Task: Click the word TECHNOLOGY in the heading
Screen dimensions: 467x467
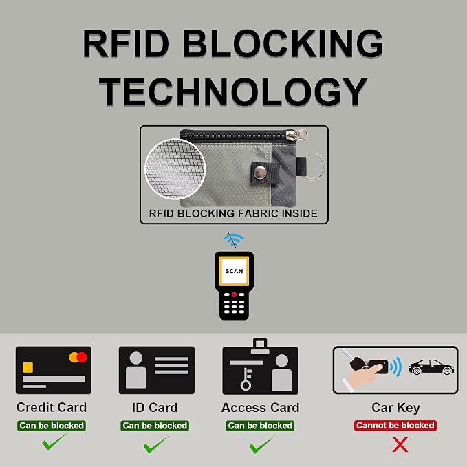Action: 233,91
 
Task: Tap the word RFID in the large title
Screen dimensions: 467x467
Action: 126,44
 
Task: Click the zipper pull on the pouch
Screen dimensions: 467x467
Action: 297,134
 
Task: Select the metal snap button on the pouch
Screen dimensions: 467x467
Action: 260,173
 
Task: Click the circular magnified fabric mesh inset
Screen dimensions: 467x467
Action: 175,169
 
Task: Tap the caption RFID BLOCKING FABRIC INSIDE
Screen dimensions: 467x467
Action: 233,213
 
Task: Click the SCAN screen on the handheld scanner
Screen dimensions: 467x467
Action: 234,271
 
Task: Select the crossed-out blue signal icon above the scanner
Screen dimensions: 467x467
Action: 234,239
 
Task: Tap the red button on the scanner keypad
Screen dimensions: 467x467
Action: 234,294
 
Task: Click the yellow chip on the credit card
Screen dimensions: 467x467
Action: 28,367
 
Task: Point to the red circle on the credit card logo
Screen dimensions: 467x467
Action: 82,357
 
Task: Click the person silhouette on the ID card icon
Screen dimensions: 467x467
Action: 135,370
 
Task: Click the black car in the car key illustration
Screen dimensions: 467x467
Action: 431,367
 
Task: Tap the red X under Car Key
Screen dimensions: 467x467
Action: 400,445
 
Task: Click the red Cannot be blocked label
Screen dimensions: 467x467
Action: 395,425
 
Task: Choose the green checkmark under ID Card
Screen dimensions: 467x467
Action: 155,444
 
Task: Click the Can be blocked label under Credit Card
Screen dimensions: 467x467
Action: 52,426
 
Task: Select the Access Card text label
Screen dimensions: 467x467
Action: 260,408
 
